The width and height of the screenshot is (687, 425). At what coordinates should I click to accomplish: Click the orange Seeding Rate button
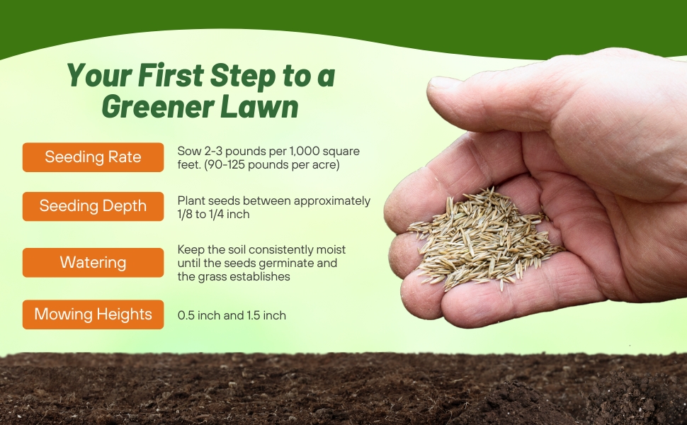[93, 157]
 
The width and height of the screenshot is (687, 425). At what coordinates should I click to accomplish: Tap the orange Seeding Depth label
[93, 206]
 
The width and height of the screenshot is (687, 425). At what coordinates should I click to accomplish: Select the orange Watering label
[93, 263]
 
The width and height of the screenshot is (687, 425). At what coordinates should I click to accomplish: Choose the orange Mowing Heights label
[93, 314]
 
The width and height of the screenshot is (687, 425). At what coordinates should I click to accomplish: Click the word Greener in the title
[158, 106]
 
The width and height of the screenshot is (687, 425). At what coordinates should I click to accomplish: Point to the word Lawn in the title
[259, 106]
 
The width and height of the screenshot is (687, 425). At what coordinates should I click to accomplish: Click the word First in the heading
[171, 75]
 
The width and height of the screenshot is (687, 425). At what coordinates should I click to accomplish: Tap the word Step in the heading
[243, 76]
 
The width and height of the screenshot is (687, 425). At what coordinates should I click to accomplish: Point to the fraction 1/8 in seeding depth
[185, 214]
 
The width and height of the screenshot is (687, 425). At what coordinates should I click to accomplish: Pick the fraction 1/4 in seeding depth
[215, 214]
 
